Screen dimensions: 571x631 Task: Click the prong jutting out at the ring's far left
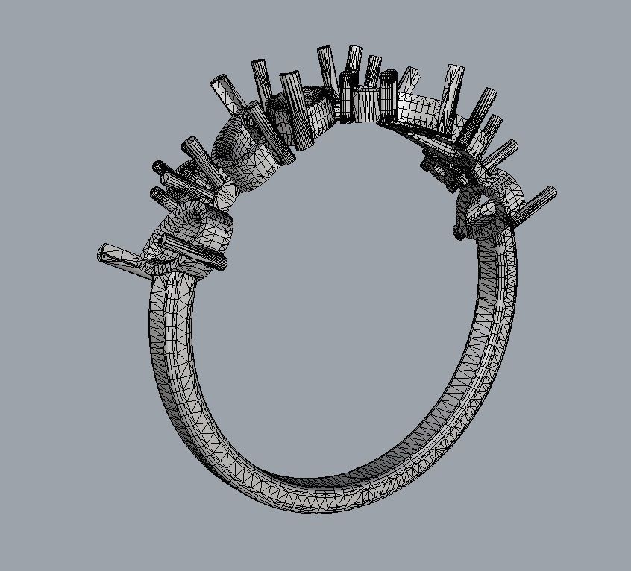[x=119, y=256]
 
